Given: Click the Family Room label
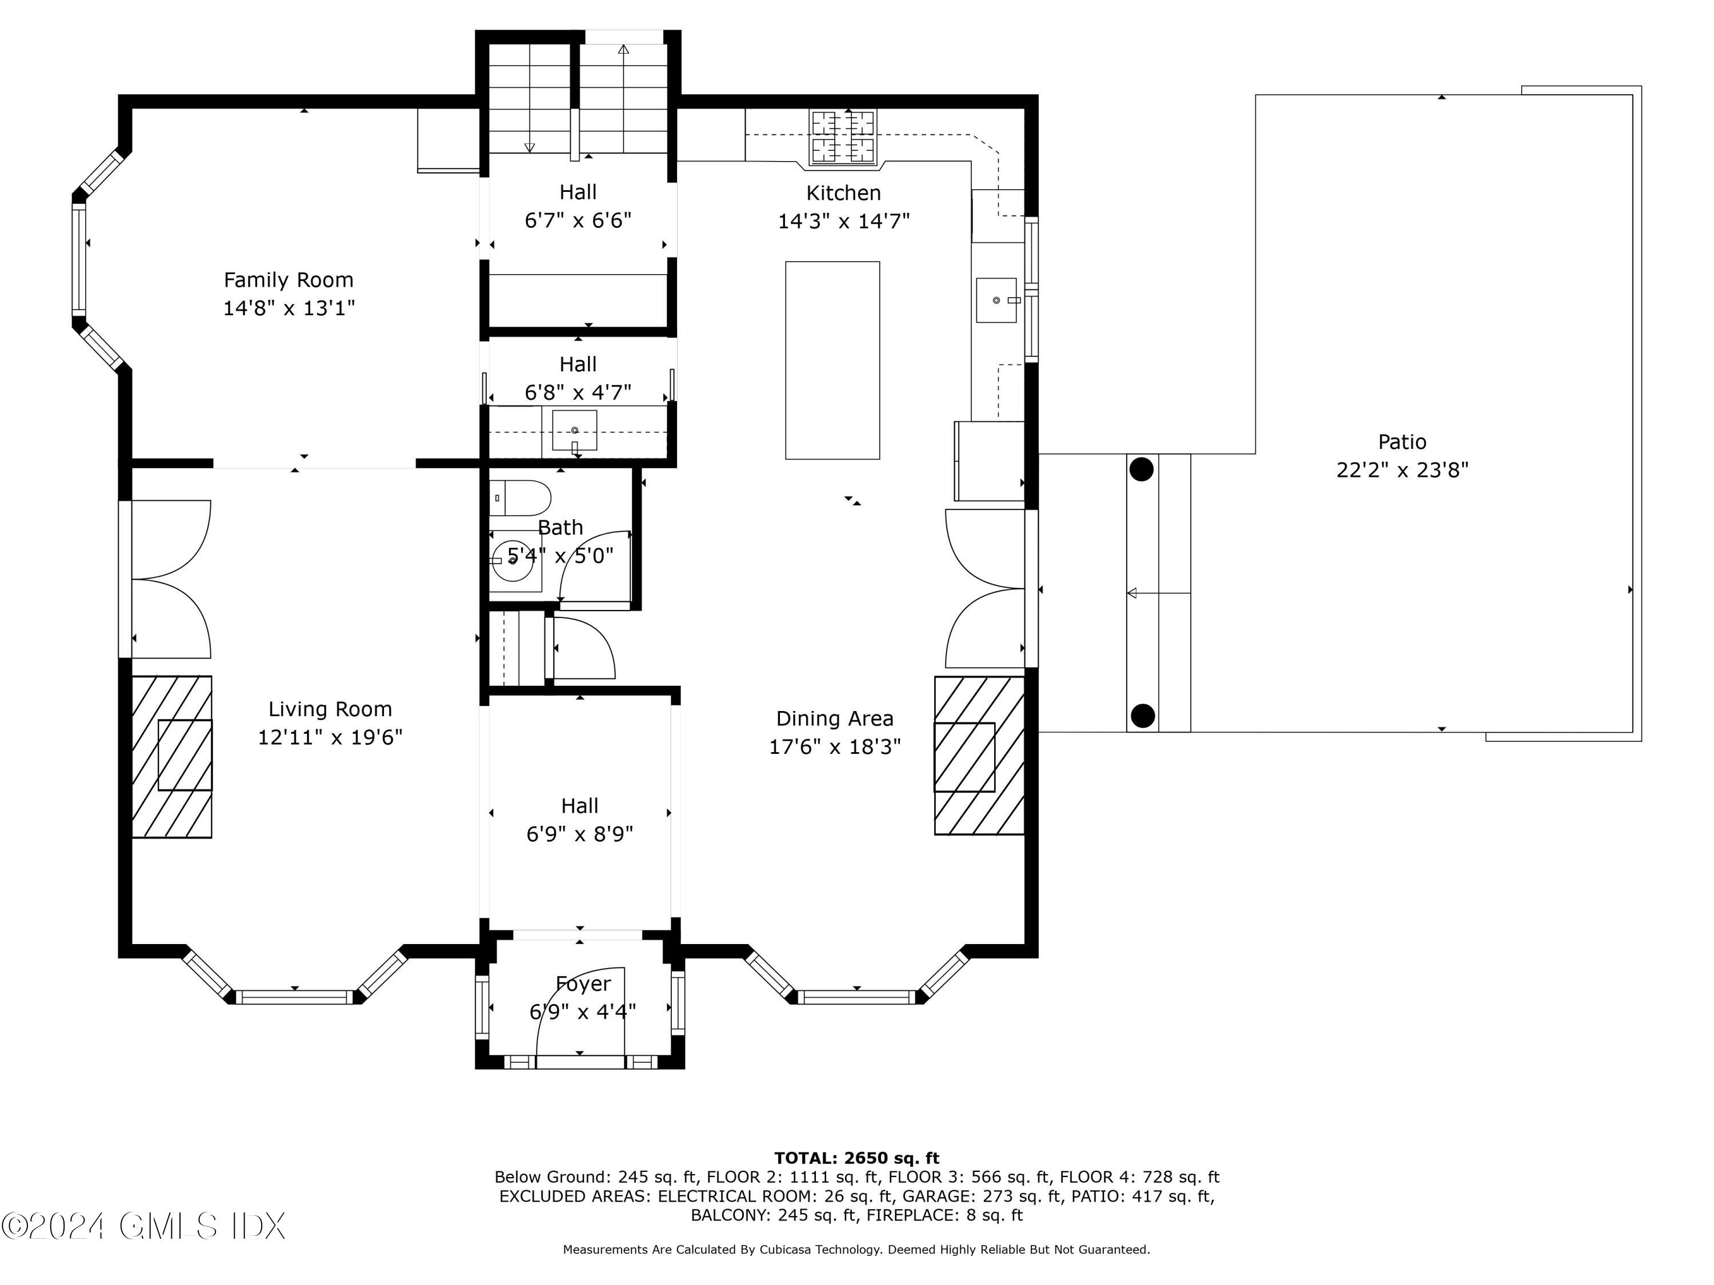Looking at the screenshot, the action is click(289, 280).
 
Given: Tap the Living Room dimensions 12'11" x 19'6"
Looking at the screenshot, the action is click(330, 737).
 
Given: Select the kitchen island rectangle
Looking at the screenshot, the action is click(832, 360).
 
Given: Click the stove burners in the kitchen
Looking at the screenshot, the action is click(843, 136).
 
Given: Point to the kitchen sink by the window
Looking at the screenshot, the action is click(996, 300).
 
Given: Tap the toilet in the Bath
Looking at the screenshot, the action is click(520, 498).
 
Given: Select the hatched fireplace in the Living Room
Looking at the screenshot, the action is click(172, 757).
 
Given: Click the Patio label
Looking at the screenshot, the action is click(1401, 441).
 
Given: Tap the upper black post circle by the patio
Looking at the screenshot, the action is click(1142, 469).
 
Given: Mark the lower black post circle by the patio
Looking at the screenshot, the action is click(1142, 716).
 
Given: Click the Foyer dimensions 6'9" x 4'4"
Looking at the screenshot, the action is click(583, 1011).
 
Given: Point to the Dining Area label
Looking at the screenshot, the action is click(835, 719).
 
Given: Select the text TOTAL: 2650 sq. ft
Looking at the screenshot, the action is click(857, 1158).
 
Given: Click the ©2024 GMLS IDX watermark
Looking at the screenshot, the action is click(143, 1226).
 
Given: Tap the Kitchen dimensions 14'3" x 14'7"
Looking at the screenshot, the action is click(844, 222).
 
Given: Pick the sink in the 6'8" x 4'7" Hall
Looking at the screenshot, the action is click(575, 431).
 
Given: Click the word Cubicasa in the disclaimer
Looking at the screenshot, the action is click(789, 1250).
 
